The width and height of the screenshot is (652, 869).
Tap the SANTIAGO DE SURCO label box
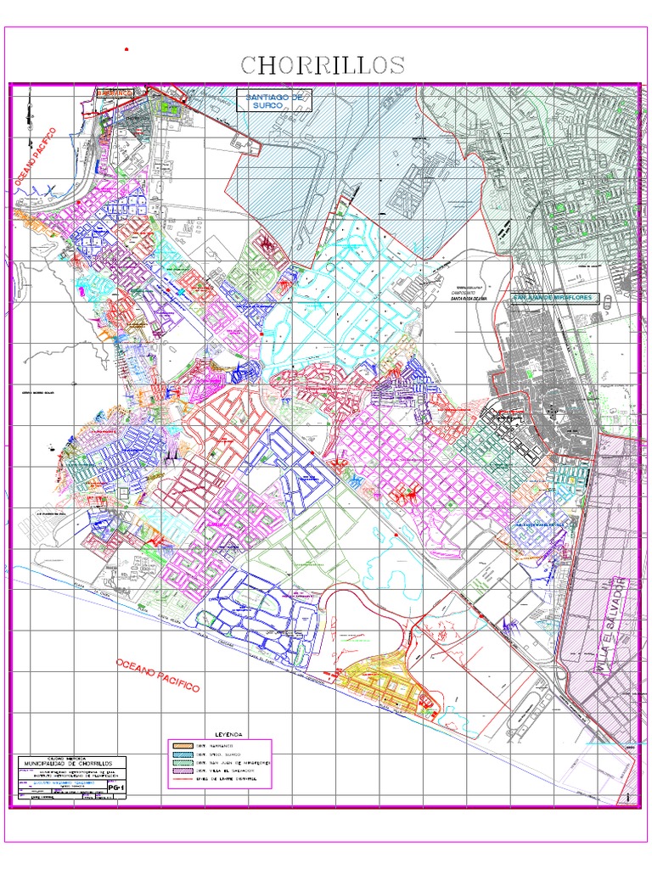[x=274, y=101]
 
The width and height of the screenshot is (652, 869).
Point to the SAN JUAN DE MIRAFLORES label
[x=554, y=298]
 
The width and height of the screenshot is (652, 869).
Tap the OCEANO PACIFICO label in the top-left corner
[x=35, y=157]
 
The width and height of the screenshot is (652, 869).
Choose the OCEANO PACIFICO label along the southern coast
[x=157, y=675]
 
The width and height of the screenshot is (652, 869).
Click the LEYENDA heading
[x=228, y=732]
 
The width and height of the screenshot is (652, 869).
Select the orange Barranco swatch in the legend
[x=181, y=744]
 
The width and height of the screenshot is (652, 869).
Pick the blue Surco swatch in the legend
[x=181, y=754]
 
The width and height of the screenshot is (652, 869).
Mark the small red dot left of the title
[x=126, y=50]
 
